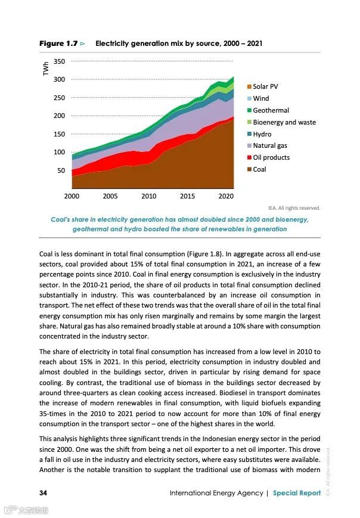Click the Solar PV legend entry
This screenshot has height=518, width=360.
tap(265, 86)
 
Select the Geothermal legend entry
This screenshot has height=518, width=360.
tap(270, 110)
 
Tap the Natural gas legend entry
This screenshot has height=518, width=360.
tap(269, 145)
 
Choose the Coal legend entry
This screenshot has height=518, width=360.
tap(259, 169)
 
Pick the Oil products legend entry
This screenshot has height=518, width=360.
tap(271, 157)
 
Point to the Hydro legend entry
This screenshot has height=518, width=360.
tap(262, 134)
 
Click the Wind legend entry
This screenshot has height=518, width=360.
tap(260, 98)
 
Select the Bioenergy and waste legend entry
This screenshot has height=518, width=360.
tap(284, 122)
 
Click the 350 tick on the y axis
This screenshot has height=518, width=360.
tap(59, 61)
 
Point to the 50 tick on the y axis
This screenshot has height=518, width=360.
tap(61, 170)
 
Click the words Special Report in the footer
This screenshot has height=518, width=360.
tap(296, 493)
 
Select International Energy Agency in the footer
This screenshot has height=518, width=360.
tap(217, 493)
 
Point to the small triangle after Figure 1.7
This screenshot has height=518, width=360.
tap(83, 44)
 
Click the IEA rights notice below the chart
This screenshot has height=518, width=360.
tap(294, 208)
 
